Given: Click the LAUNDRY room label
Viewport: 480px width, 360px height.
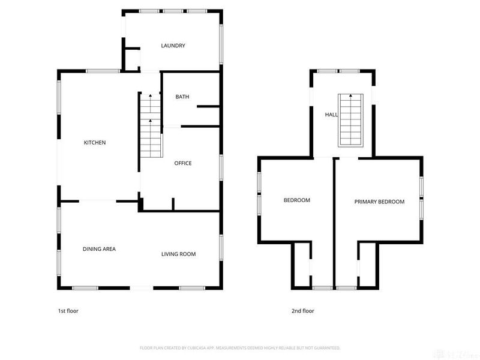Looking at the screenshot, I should coord(173,46).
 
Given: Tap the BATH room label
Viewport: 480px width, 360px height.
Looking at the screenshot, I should coord(182,97).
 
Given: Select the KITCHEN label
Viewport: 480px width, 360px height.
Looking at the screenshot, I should coord(95,143).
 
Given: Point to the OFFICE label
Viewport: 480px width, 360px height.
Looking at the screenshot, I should coord(183,163).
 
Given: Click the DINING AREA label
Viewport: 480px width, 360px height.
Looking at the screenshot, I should coord(99,248).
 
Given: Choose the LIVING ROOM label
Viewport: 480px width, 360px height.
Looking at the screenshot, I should coord(178,254).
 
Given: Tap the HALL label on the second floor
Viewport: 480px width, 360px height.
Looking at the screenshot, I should coord(331,114).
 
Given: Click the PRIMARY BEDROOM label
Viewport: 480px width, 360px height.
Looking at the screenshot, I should coord(379,202).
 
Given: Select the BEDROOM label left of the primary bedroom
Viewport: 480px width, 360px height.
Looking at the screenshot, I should coord(296,200).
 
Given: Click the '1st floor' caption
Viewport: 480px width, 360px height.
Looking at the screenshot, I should coord(68,311).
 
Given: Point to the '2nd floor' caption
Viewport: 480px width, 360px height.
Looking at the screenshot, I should coord(303,311).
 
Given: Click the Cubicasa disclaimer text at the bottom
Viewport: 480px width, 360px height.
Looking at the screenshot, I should coord(240,347).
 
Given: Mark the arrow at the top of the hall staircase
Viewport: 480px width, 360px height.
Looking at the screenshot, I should coord(350,96).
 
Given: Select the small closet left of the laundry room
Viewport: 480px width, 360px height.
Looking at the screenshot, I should coord(131,59).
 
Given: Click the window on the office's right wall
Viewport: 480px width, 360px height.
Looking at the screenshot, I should coord(221,167).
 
